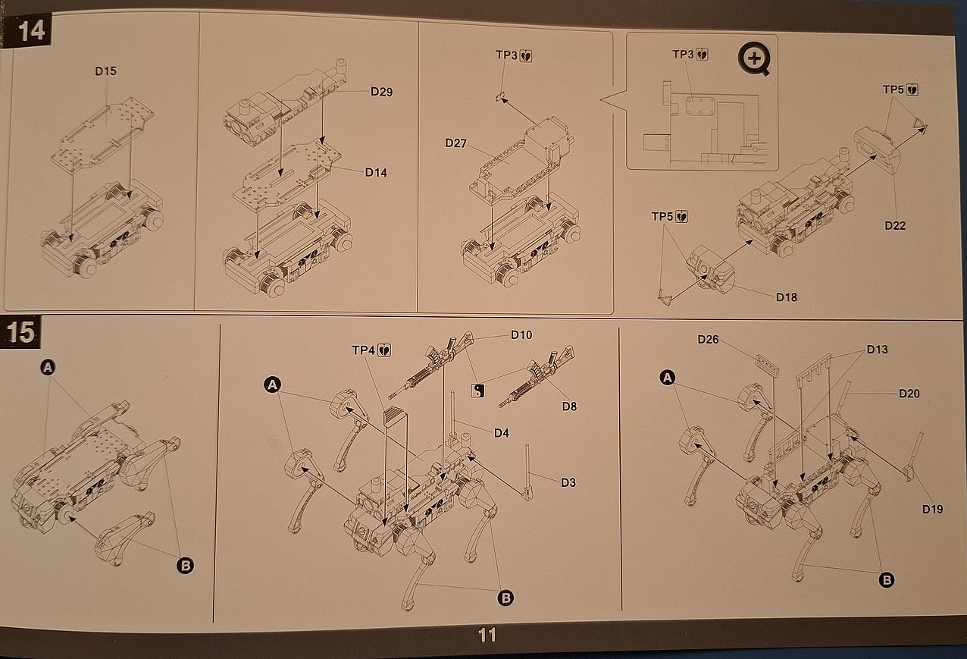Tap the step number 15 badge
tap(20, 332)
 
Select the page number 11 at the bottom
tap(487, 634)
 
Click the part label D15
tap(106, 71)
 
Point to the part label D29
tap(382, 92)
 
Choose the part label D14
tap(376, 172)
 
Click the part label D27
tap(456, 143)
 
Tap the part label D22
tap(894, 225)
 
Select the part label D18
tap(787, 297)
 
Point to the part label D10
tap(521, 334)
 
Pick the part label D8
tap(569, 406)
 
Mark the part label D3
tap(568, 482)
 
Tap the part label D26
tap(708, 339)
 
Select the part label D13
tap(877, 350)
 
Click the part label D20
tap(909, 393)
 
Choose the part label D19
tap(933, 509)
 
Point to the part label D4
tap(502, 433)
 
